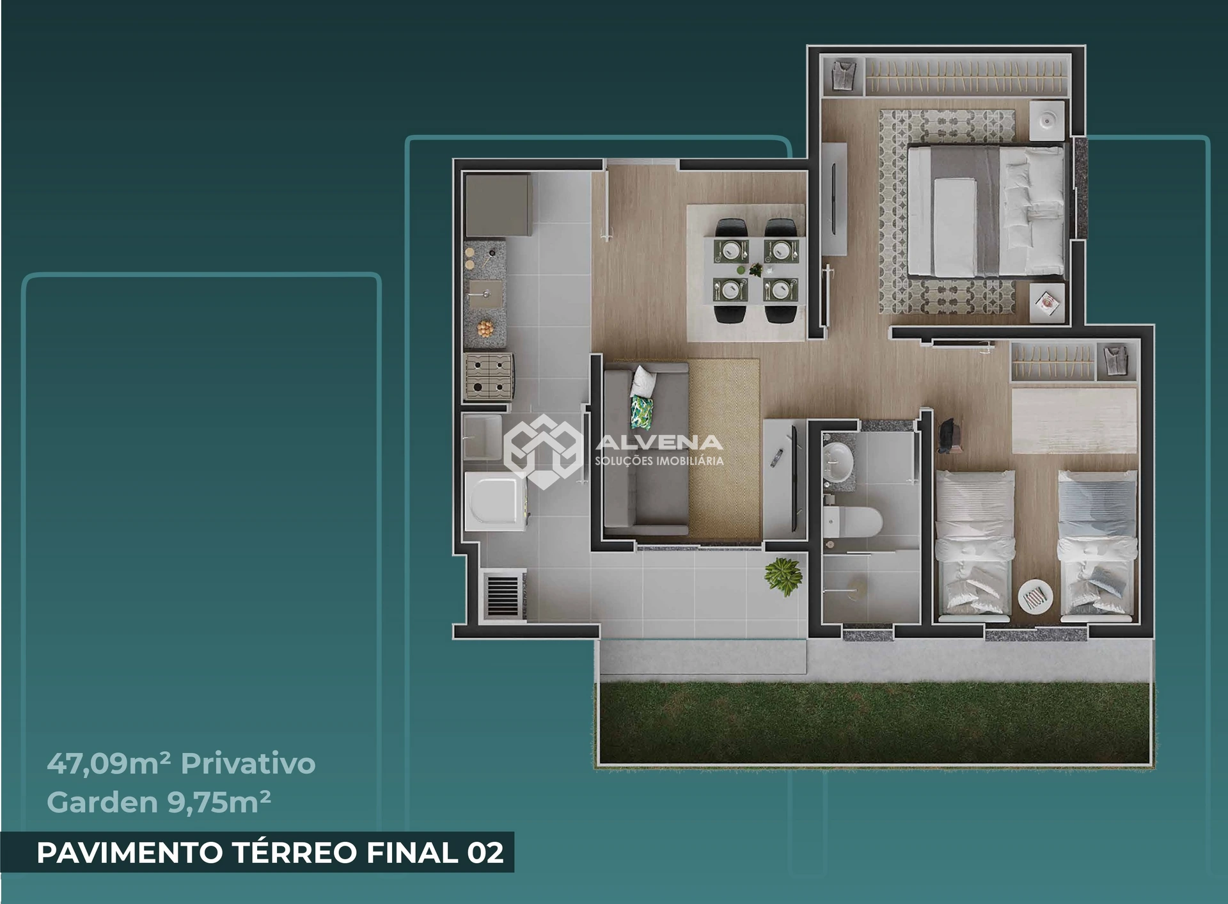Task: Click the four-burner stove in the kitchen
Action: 489,377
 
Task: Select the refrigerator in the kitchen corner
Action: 498,205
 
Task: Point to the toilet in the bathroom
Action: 853,522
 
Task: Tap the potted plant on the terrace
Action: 783,575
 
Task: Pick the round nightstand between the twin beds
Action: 1035,597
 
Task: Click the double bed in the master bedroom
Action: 986,210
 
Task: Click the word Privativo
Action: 248,764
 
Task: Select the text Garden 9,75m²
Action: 159,802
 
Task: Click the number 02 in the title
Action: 485,853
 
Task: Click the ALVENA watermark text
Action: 659,442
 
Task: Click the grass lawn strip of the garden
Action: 874,723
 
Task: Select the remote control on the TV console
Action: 777,458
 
